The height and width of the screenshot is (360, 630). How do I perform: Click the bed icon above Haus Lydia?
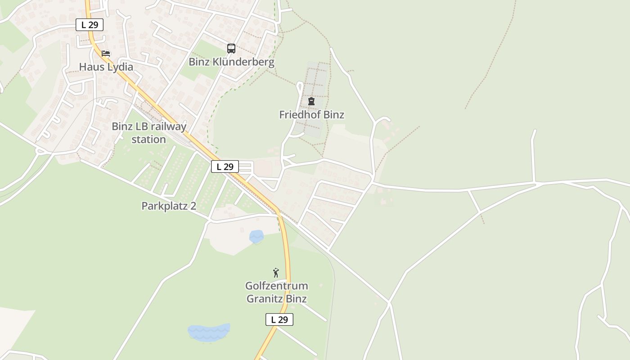tap(106, 54)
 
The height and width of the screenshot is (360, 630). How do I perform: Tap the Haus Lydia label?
tap(106, 67)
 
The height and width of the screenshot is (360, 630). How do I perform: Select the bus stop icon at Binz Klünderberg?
tap(231, 49)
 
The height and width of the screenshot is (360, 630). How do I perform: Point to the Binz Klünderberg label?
tap(231, 62)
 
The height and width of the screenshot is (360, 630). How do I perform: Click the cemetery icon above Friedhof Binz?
tap(311, 101)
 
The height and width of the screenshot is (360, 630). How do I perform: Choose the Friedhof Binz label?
tap(311, 115)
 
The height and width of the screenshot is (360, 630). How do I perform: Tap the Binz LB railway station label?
tap(149, 133)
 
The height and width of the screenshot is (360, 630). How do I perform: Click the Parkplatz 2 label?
tap(169, 206)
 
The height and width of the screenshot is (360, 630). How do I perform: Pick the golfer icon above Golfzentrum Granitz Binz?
tap(276, 273)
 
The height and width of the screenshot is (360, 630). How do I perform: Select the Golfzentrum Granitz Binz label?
tap(277, 292)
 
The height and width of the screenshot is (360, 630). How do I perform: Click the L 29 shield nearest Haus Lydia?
tap(90, 25)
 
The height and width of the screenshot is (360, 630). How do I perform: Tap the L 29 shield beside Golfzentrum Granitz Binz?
tap(279, 319)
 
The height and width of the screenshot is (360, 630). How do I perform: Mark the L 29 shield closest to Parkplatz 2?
tap(225, 166)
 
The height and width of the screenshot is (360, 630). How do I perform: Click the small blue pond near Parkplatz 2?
tap(256, 236)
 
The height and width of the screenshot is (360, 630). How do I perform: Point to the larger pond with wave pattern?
tap(208, 332)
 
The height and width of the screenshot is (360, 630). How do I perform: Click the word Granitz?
tap(262, 299)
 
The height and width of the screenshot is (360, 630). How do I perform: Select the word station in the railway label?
tap(149, 139)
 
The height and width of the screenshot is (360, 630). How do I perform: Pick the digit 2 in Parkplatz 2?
tap(193, 206)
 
